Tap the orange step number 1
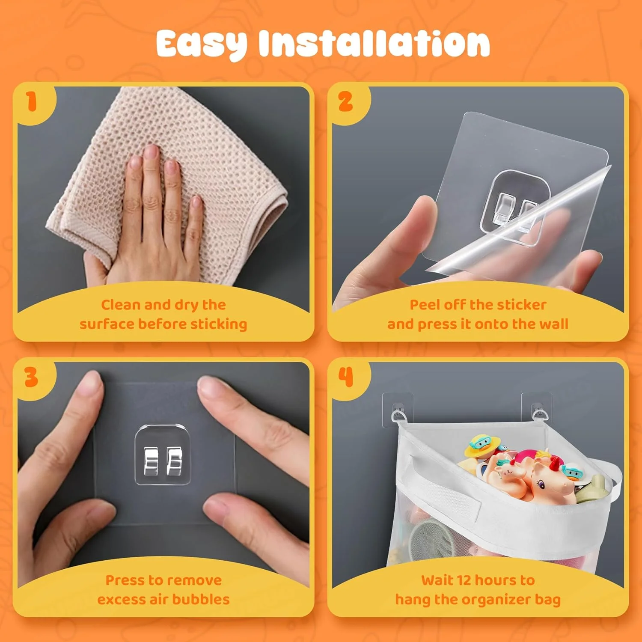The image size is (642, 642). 31,102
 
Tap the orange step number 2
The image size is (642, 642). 345,102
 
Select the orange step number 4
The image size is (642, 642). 346,377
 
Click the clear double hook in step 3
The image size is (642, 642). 163,455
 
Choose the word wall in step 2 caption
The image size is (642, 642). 554,324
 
